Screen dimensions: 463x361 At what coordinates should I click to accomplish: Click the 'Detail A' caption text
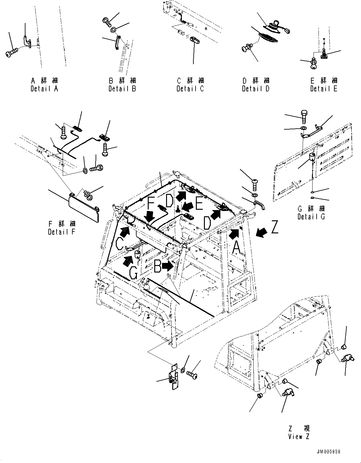point(44,89)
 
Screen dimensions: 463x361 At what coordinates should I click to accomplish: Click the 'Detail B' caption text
point(122,89)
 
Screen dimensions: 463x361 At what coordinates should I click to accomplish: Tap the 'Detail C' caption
point(190,89)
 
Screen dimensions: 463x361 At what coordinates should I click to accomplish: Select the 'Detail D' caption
point(256,89)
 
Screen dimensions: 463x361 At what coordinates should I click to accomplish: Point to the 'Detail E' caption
point(324,89)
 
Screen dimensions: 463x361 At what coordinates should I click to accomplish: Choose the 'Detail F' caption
point(62,232)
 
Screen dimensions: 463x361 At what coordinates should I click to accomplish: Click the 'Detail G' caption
point(311,217)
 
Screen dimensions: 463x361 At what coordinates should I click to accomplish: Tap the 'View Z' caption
point(299,437)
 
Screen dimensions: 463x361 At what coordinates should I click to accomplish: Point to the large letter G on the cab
point(133,273)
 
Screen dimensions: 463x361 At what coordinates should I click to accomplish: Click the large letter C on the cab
point(120,244)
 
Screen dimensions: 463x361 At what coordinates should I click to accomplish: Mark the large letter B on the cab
point(158,266)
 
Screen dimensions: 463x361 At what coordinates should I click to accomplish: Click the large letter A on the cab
point(236,248)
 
